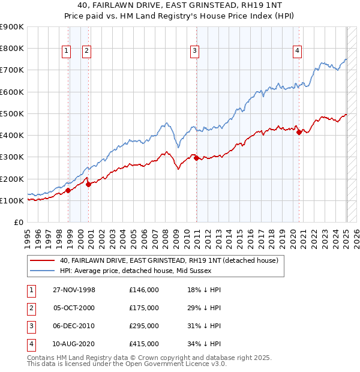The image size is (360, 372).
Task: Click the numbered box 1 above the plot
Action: [x=65, y=52]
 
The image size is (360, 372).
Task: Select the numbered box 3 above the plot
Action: [x=195, y=52]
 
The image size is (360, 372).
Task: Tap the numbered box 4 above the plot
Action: [x=297, y=52]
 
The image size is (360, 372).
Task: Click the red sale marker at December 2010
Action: [x=196, y=158]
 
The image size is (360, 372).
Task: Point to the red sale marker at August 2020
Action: [x=299, y=132]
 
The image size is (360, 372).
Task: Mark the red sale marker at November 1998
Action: [x=68, y=190]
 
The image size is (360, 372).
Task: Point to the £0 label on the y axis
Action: [x=18, y=222]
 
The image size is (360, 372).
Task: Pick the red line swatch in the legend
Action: [x=43, y=261]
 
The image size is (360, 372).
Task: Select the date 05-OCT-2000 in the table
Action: [x=74, y=308]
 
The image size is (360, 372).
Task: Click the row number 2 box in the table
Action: [x=31, y=308]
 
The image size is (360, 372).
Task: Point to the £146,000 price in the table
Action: [x=143, y=290]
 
